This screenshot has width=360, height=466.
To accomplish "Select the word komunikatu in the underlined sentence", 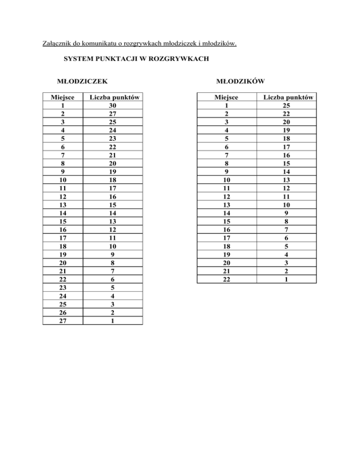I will click(100, 45).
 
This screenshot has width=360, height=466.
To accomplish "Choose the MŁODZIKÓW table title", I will click(240, 81).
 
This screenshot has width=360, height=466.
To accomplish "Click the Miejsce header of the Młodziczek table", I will click(62, 98).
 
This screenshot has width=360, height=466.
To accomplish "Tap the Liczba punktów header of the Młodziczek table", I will click(112, 98).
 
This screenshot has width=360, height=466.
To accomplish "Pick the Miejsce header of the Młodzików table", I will click(226, 98).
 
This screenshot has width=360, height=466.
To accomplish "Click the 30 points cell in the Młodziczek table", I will click(112, 105).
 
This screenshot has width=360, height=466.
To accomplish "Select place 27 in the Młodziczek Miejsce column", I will click(62, 321).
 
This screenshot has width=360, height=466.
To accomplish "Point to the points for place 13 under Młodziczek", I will click(112, 205).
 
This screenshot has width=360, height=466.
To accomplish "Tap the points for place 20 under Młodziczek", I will click(112, 263).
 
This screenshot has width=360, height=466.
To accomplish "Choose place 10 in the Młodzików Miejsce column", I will click(226, 180).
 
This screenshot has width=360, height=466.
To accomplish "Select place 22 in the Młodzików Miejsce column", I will click(226, 279).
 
